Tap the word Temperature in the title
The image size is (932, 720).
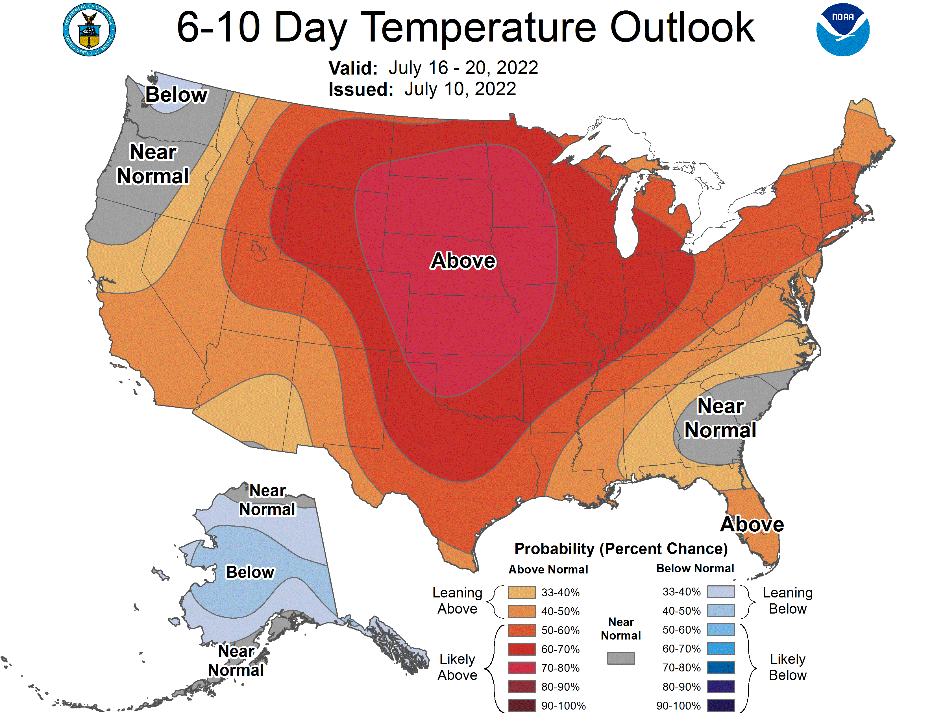[x=482, y=28]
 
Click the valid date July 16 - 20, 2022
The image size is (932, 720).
[x=463, y=68]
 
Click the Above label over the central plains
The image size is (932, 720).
[x=463, y=260]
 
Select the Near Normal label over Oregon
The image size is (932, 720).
[x=153, y=164]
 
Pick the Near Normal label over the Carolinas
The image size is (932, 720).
[x=720, y=418]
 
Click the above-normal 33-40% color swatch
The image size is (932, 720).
[x=521, y=592]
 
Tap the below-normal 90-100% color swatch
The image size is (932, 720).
[x=721, y=706]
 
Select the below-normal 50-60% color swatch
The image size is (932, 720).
[x=721, y=630]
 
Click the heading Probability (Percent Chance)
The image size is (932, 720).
[x=621, y=549]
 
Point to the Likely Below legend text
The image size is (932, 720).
[x=787, y=667]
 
